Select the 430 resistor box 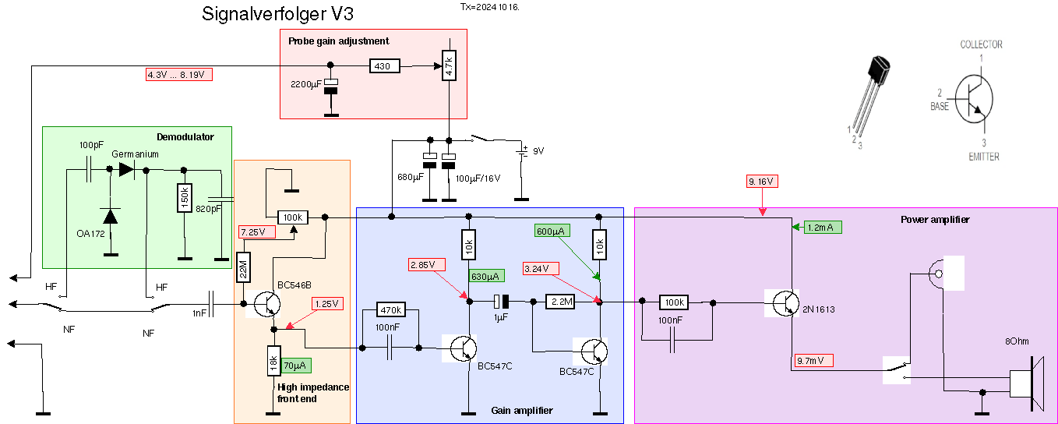pos(382,66)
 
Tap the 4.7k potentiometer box pos(448,65)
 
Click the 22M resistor pos(243,268)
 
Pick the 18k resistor pos(273,362)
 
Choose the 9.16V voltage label pos(762,182)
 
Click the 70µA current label pos(296,365)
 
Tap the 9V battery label pos(538,150)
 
